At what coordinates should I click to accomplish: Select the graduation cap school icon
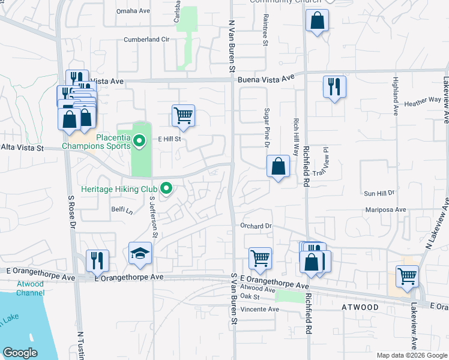(140, 254)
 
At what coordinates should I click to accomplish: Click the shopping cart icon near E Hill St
(183, 115)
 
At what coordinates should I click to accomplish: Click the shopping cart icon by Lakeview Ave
(407, 276)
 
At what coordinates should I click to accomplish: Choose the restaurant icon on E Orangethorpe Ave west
(97, 260)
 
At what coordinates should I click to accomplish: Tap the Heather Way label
(423, 103)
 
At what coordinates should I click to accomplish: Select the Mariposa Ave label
(386, 210)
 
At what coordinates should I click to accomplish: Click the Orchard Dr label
(256, 226)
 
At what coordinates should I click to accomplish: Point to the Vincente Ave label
(259, 309)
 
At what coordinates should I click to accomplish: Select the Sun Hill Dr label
(379, 193)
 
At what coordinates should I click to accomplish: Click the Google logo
(20, 353)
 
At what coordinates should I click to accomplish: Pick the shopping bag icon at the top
(317, 21)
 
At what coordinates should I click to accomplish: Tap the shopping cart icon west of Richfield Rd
(260, 258)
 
